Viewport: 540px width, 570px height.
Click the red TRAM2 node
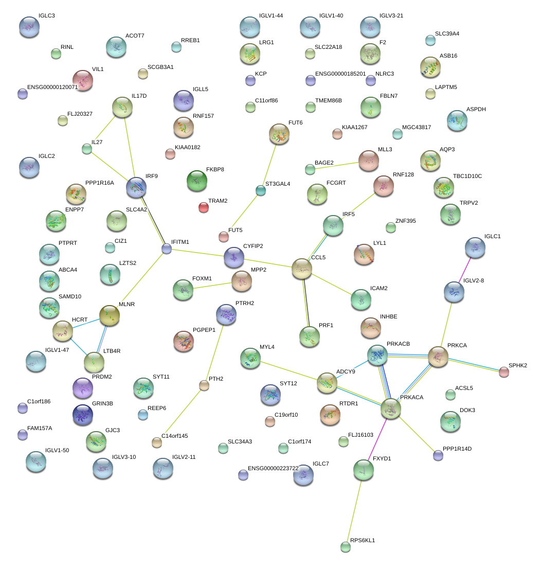[x=204, y=207]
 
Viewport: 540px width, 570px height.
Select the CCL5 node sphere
[x=302, y=269]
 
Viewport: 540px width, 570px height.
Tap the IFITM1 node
[x=167, y=249]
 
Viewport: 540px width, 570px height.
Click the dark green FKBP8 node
[x=197, y=180]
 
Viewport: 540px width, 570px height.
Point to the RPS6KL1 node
[x=345, y=546]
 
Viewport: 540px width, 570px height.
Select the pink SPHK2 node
[x=504, y=372]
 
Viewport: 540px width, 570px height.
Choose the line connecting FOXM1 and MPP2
[x=212, y=285]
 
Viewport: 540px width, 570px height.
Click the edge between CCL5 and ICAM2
[x=332, y=284]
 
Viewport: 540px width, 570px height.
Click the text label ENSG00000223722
[x=273, y=468]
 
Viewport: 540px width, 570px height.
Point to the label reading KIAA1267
[x=354, y=127]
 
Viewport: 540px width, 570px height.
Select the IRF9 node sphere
[x=136, y=187]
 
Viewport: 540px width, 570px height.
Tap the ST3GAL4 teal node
[x=261, y=191]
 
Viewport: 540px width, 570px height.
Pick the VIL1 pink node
[x=83, y=80]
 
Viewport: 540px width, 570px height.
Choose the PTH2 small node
[x=204, y=385]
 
